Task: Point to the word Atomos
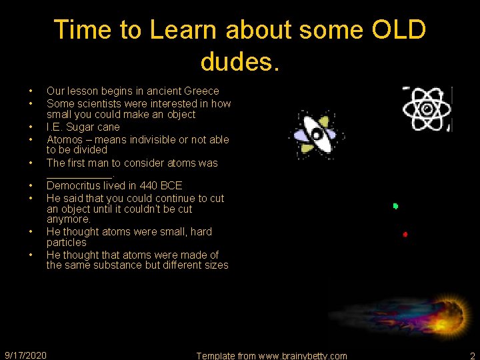[x=65, y=139]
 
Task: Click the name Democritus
[x=76, y=185]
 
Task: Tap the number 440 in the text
[x=149, y=185]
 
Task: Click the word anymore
[x=68, y=219]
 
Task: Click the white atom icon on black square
[x=427, y=109]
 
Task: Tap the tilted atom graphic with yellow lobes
[x=316, y=135]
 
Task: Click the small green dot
[x=395, y=206]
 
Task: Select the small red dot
[x=405, y=234]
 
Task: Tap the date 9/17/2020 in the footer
[x=25, y=355]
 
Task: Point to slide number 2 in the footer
[x=472, y=355]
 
